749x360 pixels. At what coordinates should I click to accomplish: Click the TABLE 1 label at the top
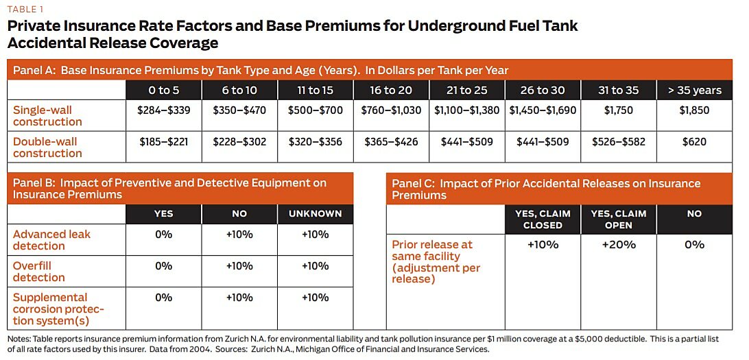[x=25, y=9]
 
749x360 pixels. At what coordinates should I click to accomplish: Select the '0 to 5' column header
[x=163, y=90]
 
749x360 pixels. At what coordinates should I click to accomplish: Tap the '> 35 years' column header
[x=695, y=90]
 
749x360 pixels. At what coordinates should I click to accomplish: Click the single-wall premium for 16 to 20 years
[x=390, y=110]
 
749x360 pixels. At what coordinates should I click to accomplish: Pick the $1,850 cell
[x=695, y=110]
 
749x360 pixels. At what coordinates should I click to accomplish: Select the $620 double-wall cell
[x=695, y=142]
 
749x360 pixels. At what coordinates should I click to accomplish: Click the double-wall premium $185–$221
[x=163, y=142]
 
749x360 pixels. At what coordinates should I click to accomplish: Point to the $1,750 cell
[x=618, y=110]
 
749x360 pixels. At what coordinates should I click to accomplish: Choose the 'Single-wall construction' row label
[x=47, y=116]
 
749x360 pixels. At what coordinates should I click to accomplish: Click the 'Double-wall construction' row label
[x=47, y=147]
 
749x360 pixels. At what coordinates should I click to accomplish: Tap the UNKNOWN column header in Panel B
[x=315, y=214]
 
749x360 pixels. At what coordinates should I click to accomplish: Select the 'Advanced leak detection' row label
[x=51, y=240]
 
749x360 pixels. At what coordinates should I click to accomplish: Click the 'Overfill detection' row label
[x=39, y=272]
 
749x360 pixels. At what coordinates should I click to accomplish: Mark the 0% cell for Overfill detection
[x=163, y=266]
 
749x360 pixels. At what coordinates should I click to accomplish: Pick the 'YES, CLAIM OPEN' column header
[x=618, y=219]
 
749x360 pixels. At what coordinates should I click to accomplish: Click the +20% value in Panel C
[x=618, y=245]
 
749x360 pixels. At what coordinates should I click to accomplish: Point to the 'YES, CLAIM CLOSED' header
[x=543, y=219]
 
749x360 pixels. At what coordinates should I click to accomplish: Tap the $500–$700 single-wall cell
[x=315, y=110]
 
